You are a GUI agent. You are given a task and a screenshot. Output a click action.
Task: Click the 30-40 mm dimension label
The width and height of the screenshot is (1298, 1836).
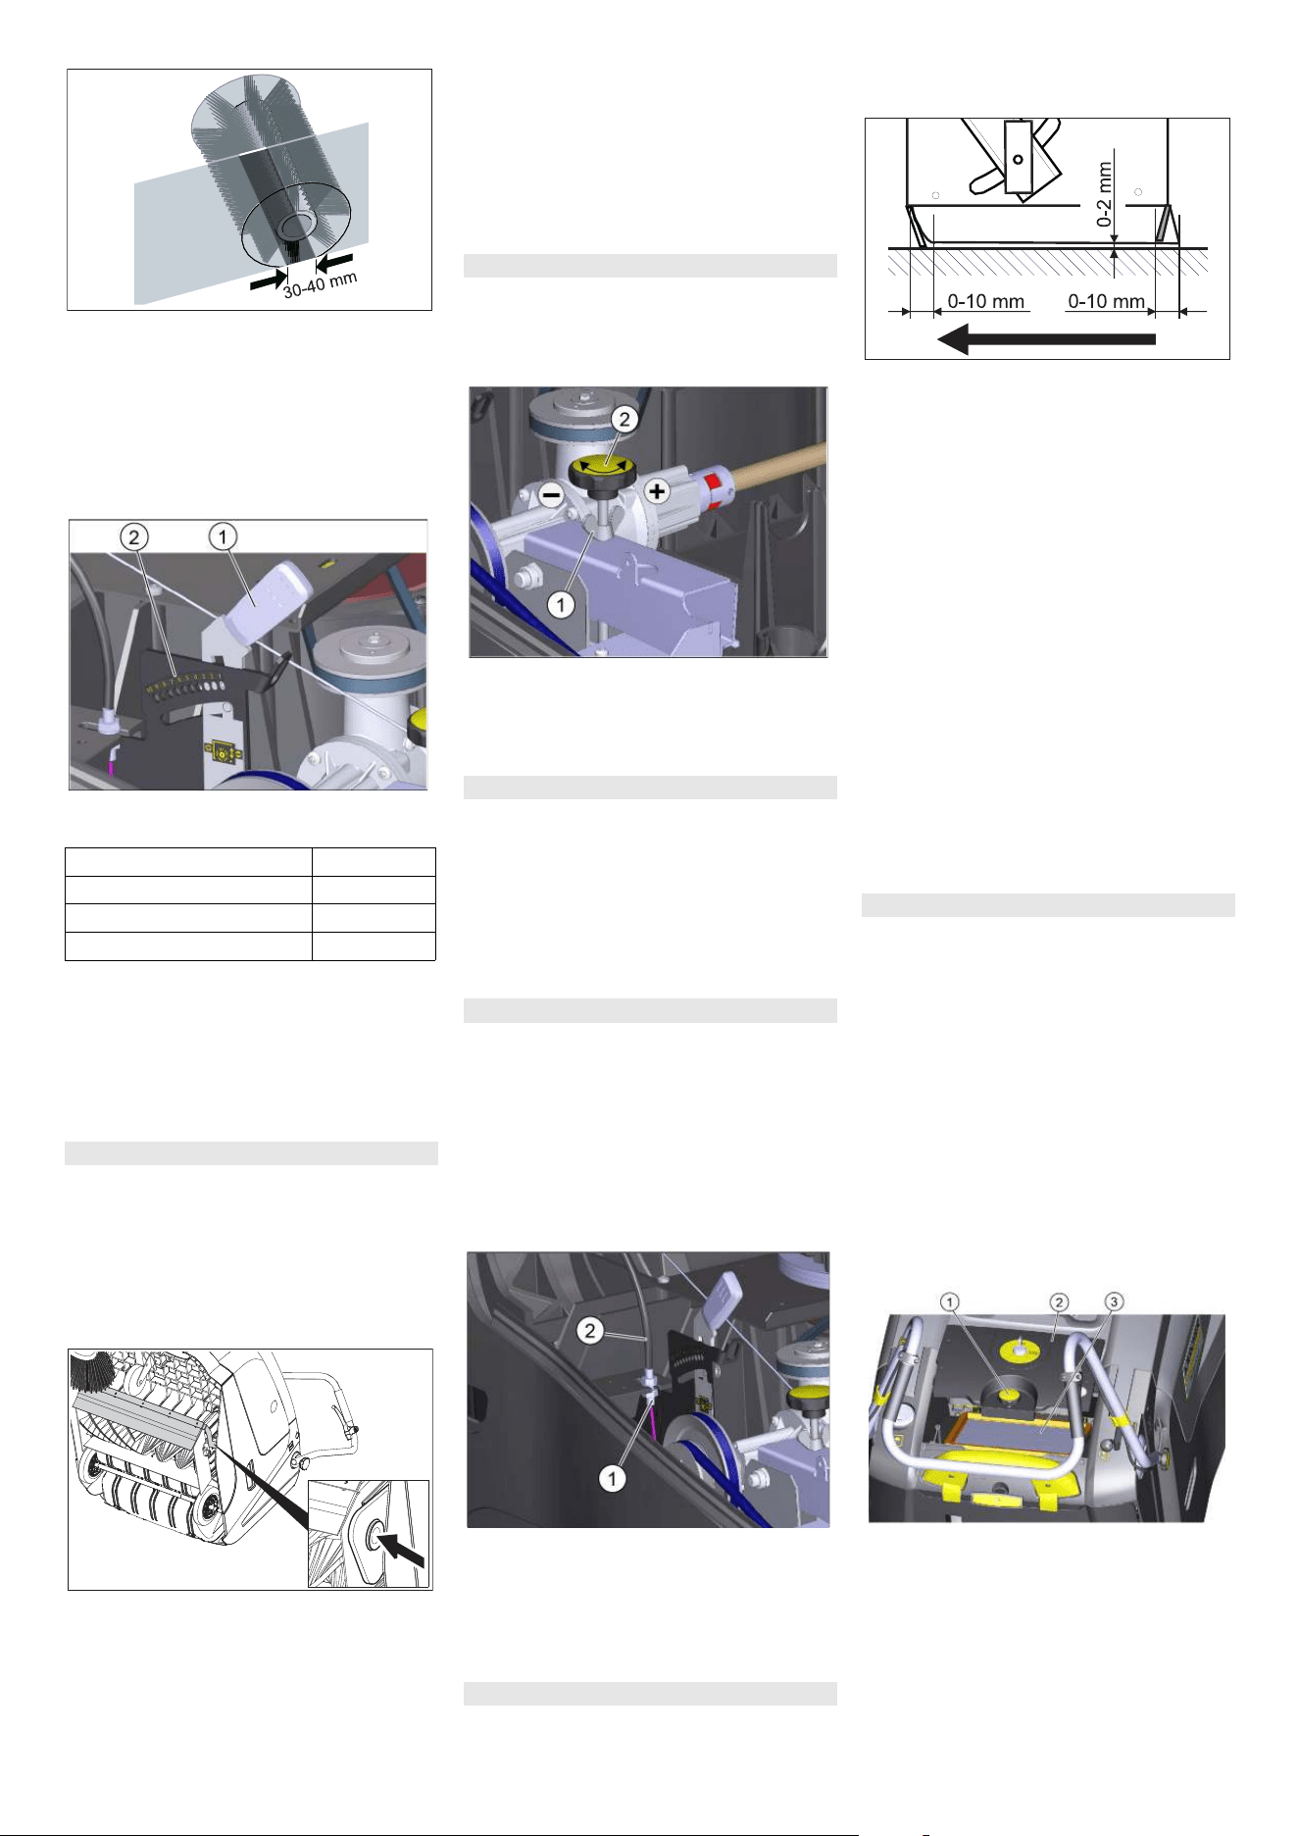[x=321, y=284]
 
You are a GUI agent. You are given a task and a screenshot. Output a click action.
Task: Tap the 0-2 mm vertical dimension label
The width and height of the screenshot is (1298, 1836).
[x=1105, y=194]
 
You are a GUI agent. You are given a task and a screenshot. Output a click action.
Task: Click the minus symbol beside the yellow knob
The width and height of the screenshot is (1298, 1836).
[x=552, y=495]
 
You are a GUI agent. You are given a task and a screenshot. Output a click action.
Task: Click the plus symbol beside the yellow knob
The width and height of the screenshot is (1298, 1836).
[x=656, y=491]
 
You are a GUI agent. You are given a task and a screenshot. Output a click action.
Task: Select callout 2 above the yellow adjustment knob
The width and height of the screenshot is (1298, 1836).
[x=624, y=420]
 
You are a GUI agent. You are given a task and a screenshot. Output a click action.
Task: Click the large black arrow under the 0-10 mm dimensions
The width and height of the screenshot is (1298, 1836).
[x=1046, y=339]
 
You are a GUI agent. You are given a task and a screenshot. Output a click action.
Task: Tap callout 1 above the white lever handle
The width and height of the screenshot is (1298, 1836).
[x=223, y=536]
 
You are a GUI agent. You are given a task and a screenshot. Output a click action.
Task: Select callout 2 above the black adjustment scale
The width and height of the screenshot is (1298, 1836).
[x=133, y=536]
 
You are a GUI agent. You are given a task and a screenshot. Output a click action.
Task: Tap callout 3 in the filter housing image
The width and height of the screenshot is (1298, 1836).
[x=1114, y=1301]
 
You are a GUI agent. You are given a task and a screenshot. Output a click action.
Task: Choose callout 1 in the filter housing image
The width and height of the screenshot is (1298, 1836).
[x=949, y=1301]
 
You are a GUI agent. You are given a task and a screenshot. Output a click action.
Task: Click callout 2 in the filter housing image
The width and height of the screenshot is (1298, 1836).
[x=1059, y=1301]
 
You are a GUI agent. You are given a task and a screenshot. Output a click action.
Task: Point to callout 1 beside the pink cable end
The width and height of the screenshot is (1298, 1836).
[x=612, y=1478]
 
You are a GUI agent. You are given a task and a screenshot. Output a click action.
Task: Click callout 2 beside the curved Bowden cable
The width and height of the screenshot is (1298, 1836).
[x=589, y=1330]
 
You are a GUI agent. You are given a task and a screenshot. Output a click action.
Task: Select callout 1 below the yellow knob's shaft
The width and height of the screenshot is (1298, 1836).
[x=561, y=605]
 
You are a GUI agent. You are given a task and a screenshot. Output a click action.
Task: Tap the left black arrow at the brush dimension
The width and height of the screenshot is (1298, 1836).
[x=269, y=280]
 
